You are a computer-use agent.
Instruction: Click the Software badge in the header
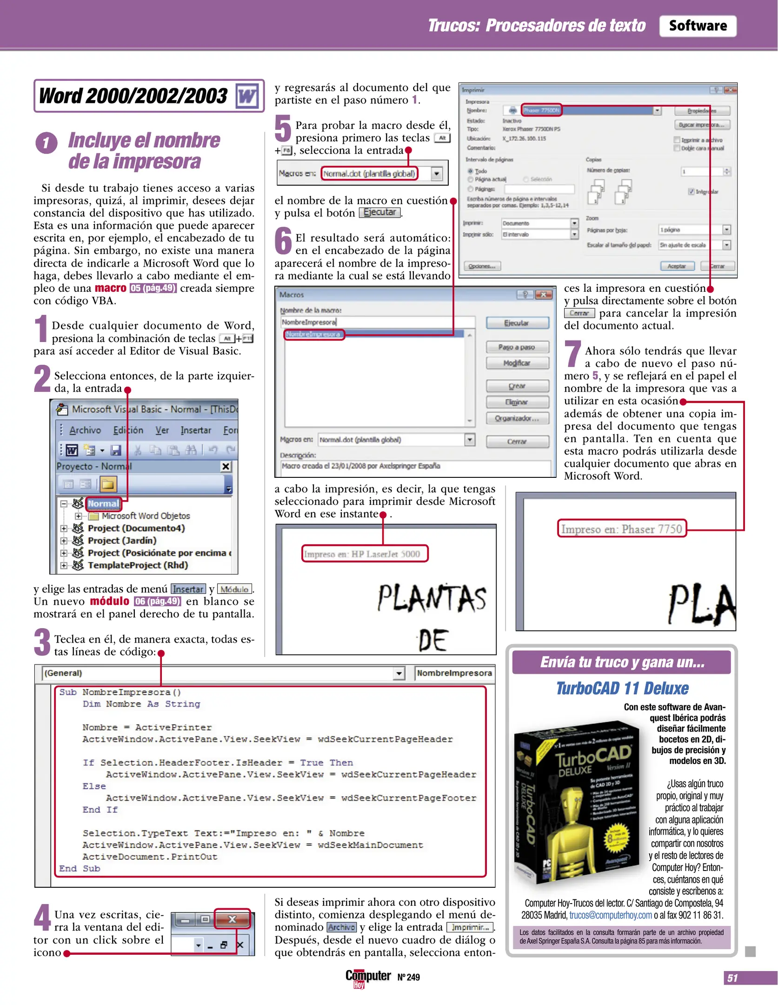[x=697, y=26]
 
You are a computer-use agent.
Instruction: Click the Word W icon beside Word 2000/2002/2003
[x=247, y=96]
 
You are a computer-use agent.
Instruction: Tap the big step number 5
[x=283, y=129]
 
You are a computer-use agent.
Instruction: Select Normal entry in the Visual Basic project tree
[x=103, y=503]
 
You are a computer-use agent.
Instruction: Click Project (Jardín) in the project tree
[x=122, y=540]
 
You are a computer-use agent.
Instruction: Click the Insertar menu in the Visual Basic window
[x=195, y=430]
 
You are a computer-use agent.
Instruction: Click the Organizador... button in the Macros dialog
[x=517, y=418]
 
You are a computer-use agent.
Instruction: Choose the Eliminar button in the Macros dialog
[x=517, y=402]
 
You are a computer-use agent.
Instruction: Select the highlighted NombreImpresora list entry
[x=313, y=335]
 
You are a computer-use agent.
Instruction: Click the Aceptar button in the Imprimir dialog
[x=677, y=266]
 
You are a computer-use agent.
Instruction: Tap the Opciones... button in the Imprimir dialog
[x=482, y=266]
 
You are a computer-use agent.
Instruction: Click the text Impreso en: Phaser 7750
[x=621, y=529]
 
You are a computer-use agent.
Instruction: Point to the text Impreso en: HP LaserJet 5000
[x=362, y=554]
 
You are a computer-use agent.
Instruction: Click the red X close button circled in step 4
[x=232, y=919]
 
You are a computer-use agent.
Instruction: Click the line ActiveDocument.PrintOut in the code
[x=150, y=857]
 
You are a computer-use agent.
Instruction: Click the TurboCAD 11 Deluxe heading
[x=622, y=688]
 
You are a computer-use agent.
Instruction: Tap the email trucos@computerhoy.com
[x=610, y=915]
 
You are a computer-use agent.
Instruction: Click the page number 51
[x=732, y=978]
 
